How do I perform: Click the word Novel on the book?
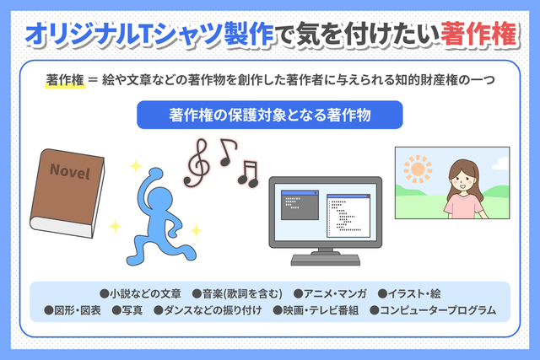[x=70, y=171]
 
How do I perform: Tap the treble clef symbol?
[x=197, y=163]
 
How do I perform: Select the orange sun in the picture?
[x=418, y=169]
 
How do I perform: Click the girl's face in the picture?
[x=462, y=180]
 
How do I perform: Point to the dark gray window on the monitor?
[x=300, y=205]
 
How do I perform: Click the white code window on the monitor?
[x=348, y=216]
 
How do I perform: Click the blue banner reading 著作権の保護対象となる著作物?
[x=270, y=115]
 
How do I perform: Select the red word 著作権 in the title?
[x=478, y=34]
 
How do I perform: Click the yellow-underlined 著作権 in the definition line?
[x=65, y=80]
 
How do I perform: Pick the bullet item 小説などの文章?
[x=141, y=294]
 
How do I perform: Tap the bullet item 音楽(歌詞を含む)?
[x=237, y=294]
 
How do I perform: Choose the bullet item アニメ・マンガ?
[x=330, y=294]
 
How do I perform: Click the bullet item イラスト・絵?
[x=409, y=294]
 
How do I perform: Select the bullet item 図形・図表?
[x=73, y=310]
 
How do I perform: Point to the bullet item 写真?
[x=127, y=310]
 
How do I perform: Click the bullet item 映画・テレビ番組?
[x=316, y=310]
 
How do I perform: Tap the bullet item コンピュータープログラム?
[x=433, y=310]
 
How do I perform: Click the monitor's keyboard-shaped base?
[x=326, y=260]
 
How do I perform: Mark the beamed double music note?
[x=249, y=175]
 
